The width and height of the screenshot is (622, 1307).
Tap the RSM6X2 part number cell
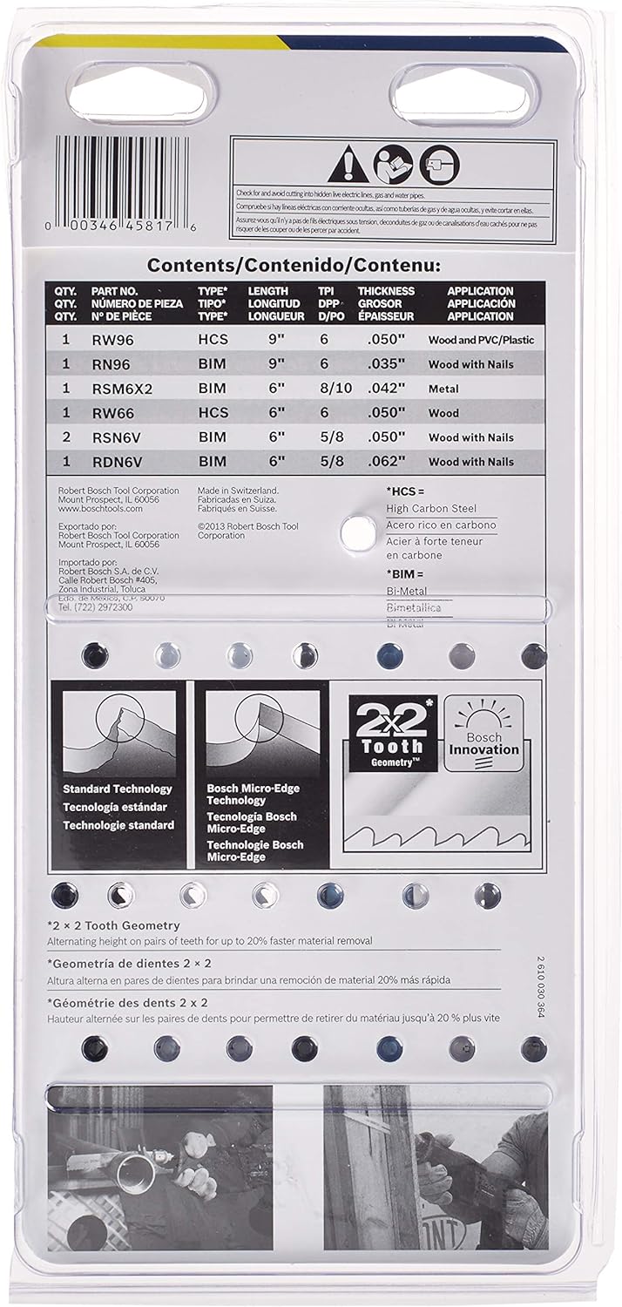click(x=122, y=389)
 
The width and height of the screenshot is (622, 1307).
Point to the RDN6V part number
click(x=119, y=462)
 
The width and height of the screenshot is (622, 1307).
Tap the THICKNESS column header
click(x=386, y=291)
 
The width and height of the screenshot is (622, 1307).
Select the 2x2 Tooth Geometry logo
click(x=393, y=733)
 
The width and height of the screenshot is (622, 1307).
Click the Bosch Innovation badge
click(x=484, y=733)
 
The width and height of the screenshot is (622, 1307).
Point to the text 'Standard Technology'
click(x=117, y=789)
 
